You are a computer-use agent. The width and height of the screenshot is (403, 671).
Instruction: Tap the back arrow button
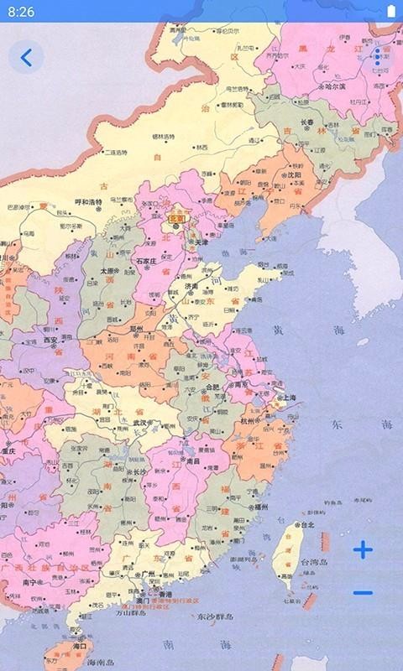[x=27, y=57]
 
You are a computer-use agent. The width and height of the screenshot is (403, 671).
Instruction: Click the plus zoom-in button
[x=363, y=550]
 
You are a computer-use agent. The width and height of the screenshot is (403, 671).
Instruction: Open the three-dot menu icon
[x=378, y=57]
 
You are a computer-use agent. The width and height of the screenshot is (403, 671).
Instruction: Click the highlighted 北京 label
[x=176, y=218]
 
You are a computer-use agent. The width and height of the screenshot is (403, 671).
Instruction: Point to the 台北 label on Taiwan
[x=306, y=525]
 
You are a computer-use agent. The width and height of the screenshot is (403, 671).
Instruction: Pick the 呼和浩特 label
[x=88, y=201]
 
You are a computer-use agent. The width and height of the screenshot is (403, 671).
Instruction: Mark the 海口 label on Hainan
[x=81, y=648]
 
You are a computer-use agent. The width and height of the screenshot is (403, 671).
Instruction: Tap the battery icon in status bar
[x=389, y=12]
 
